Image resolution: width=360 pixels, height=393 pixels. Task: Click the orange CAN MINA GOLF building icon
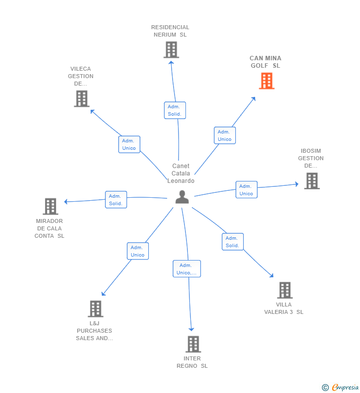(x=267, y=81)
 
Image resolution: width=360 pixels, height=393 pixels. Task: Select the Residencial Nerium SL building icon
(x=171, y=50)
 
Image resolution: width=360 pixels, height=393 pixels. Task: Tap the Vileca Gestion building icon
(x=82, y=99)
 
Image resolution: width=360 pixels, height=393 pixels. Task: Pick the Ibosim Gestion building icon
(x=312, y=181)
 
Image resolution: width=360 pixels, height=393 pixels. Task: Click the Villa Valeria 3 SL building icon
(x=285, y=290)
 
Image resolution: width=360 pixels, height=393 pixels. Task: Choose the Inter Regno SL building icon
(x=193, y=344)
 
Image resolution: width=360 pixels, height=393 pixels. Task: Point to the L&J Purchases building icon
(x=95, y=309)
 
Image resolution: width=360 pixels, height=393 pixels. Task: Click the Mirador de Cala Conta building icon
(x=50, y=206)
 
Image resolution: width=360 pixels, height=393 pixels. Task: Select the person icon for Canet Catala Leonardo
(x=182, y=197)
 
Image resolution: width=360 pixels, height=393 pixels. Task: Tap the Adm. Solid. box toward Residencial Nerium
(x=175, y=110)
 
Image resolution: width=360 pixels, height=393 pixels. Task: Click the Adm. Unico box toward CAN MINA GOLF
(x=225, y=135)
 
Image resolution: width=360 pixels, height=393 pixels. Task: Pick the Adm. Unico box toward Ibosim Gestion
(x=246, y=190)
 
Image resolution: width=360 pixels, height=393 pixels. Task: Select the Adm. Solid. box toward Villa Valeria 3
(x=232, y=242)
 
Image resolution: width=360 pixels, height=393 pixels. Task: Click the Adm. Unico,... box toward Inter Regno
(x=187, y=269)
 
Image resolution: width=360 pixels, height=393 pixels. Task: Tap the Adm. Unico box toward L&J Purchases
(x=137, y=251)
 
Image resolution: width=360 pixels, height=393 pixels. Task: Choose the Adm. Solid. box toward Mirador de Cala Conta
(x=116, y=200)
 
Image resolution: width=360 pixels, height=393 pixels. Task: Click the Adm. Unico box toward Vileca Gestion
(x=129, y=144)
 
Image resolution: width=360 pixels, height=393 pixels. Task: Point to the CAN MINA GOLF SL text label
(x=266, y=62)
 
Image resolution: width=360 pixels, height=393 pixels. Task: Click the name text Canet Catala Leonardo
(x=181, y=174)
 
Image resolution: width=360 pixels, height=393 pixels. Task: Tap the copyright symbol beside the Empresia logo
(x=325, y=388)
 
